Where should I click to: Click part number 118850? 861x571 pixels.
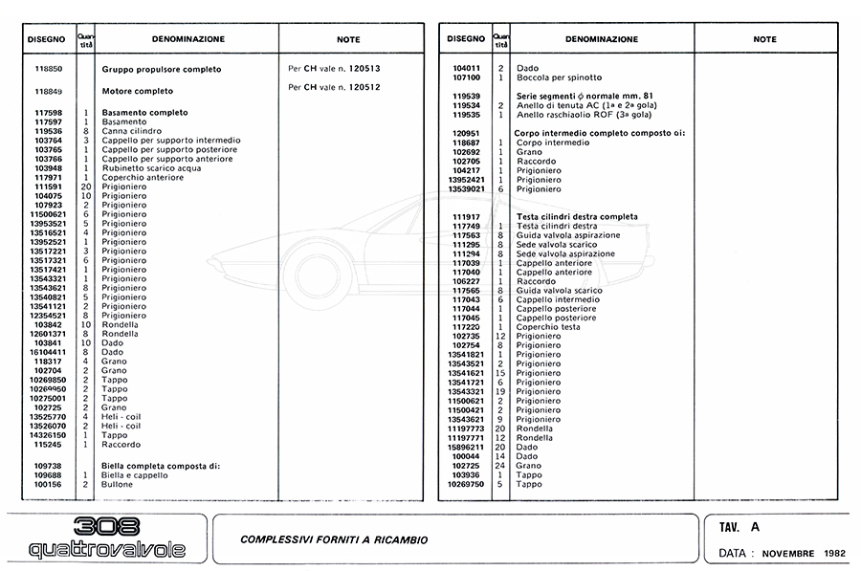point(48,69)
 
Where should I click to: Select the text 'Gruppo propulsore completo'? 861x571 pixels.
point(161,69)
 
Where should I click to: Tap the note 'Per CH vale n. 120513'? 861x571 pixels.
point(334,69)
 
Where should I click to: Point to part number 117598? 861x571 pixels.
point(48,113)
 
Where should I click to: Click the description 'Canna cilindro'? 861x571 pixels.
point(131,132)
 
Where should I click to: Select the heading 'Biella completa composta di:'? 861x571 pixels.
point(161,465)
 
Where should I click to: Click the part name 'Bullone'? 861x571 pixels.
point(119,485)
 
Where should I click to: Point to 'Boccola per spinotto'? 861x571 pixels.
point(559,77)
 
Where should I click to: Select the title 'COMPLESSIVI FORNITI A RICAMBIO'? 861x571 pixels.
point(334,539)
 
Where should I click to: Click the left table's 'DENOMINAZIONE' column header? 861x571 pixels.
point(188,39)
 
